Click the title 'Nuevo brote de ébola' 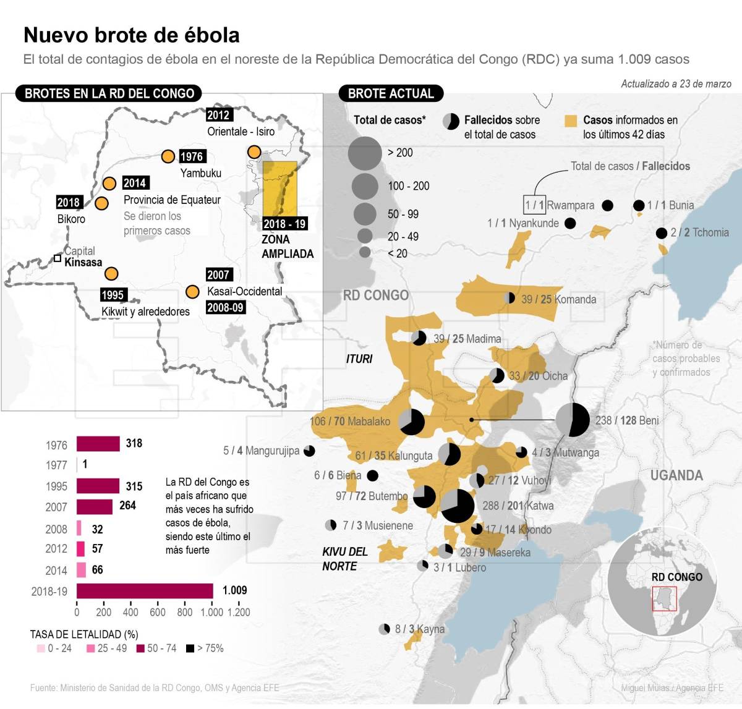[132, 35]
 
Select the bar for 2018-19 [145, 591]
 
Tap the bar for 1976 [98, 444]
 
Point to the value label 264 [127, 506]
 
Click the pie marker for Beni [573, 420]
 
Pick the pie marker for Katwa [458, 506]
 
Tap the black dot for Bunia [639, 205]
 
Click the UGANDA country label [676, 475]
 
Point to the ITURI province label [359, 359]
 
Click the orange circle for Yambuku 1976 [168, 156]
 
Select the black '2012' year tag [218, 115]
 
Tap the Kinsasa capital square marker [57, 258]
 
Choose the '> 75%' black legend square [190, 648]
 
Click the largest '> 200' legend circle [365, 153]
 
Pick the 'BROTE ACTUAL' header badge [391, 93]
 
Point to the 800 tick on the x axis [184, 612]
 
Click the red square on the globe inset [665, 598]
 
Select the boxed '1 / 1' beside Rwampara [534, 205]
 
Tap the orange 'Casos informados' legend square [571, 121]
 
